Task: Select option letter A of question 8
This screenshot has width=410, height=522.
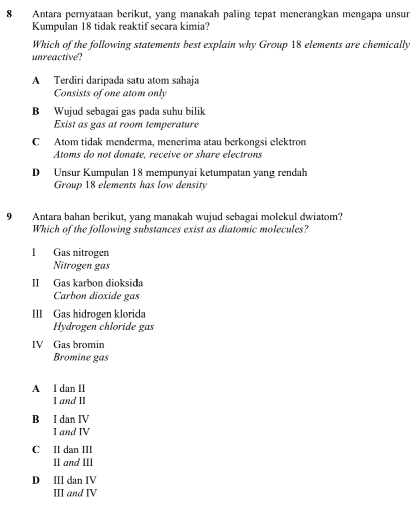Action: tap(36, 80)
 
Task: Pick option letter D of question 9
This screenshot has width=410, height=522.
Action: tap(36, 480)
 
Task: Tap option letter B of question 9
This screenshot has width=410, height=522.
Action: tap(36, 418)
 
